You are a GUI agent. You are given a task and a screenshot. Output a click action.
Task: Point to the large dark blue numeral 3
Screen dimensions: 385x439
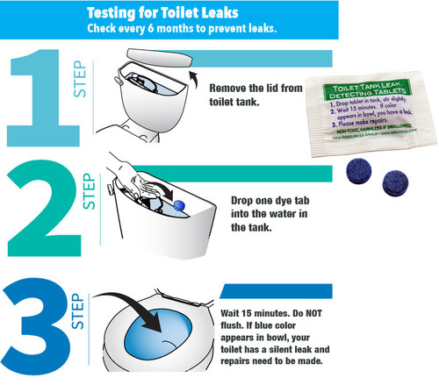coord(40,324)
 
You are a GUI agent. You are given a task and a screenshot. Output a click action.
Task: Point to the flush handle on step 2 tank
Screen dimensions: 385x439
coord(108,188)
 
